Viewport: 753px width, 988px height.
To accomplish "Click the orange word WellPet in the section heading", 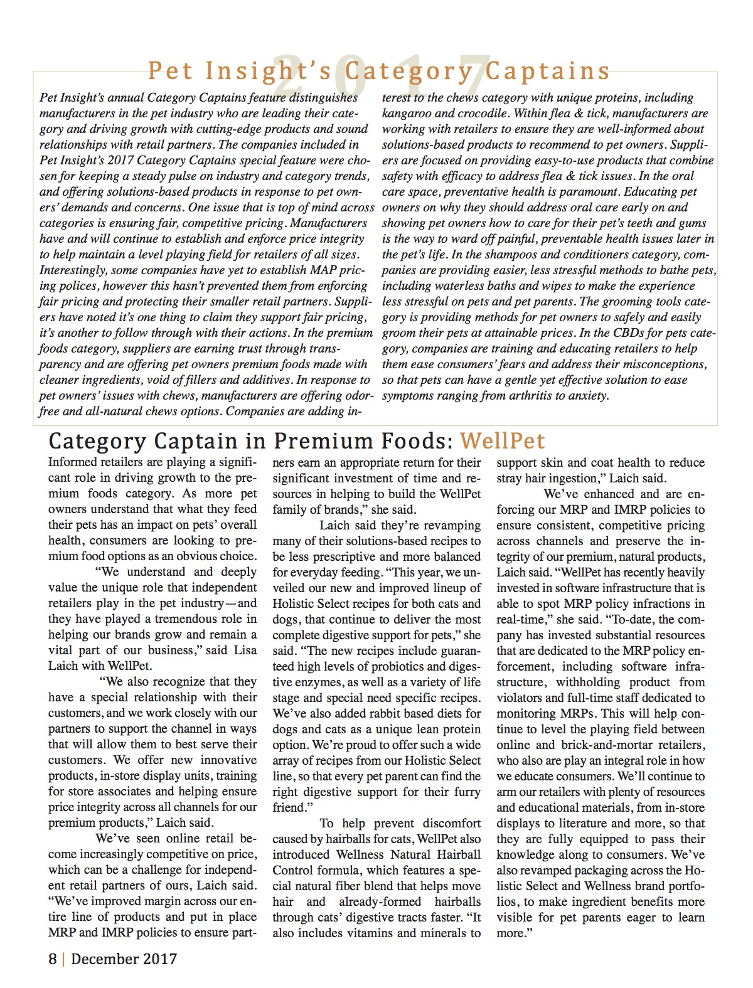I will click(x=502, y=441).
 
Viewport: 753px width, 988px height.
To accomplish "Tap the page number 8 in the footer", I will click(x=53, y=959).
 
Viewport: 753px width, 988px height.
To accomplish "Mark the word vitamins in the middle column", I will click(x=366, y=933).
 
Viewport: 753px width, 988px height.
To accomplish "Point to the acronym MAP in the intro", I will click(x=325, y=270).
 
